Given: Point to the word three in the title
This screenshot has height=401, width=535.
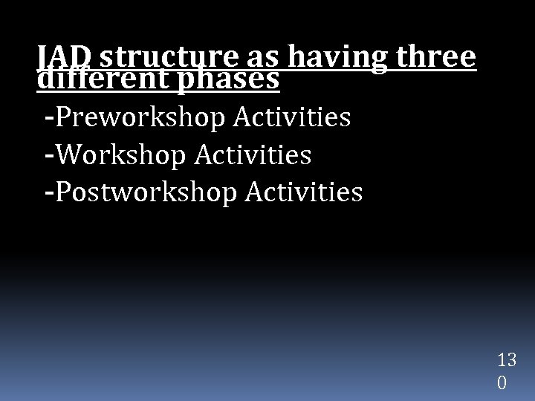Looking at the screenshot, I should click(434, 56).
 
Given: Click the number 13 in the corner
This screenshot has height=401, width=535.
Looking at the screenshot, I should click(508, 361).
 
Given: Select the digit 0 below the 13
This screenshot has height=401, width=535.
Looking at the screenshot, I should click(502, 383).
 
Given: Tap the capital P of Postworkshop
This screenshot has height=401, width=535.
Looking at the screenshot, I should click(65, 192).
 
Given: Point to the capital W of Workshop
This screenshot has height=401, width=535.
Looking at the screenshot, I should click(68, 155).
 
